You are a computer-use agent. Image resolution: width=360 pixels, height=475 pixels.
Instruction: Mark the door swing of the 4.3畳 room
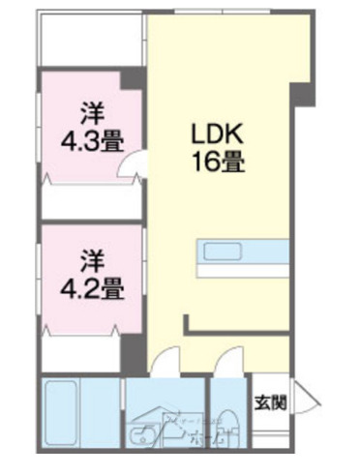coord(127,168)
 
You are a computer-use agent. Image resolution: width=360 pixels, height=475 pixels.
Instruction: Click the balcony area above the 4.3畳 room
coord(92,39)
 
